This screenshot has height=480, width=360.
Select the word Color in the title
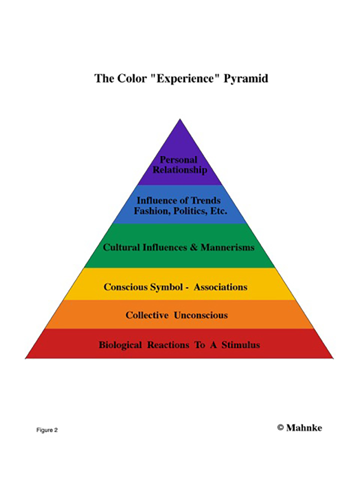point(129,79)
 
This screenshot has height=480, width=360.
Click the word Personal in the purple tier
point(178,160)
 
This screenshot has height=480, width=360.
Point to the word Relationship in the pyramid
point(180,170)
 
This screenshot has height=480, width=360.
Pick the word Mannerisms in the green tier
point(227,247)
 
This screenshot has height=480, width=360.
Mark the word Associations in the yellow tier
point(220,287)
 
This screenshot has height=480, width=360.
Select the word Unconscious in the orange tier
point(200,315)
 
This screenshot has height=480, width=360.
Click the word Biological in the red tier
point(120,345)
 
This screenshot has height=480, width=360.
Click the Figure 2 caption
point(46,430)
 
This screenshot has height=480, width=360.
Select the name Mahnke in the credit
point(304,427)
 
